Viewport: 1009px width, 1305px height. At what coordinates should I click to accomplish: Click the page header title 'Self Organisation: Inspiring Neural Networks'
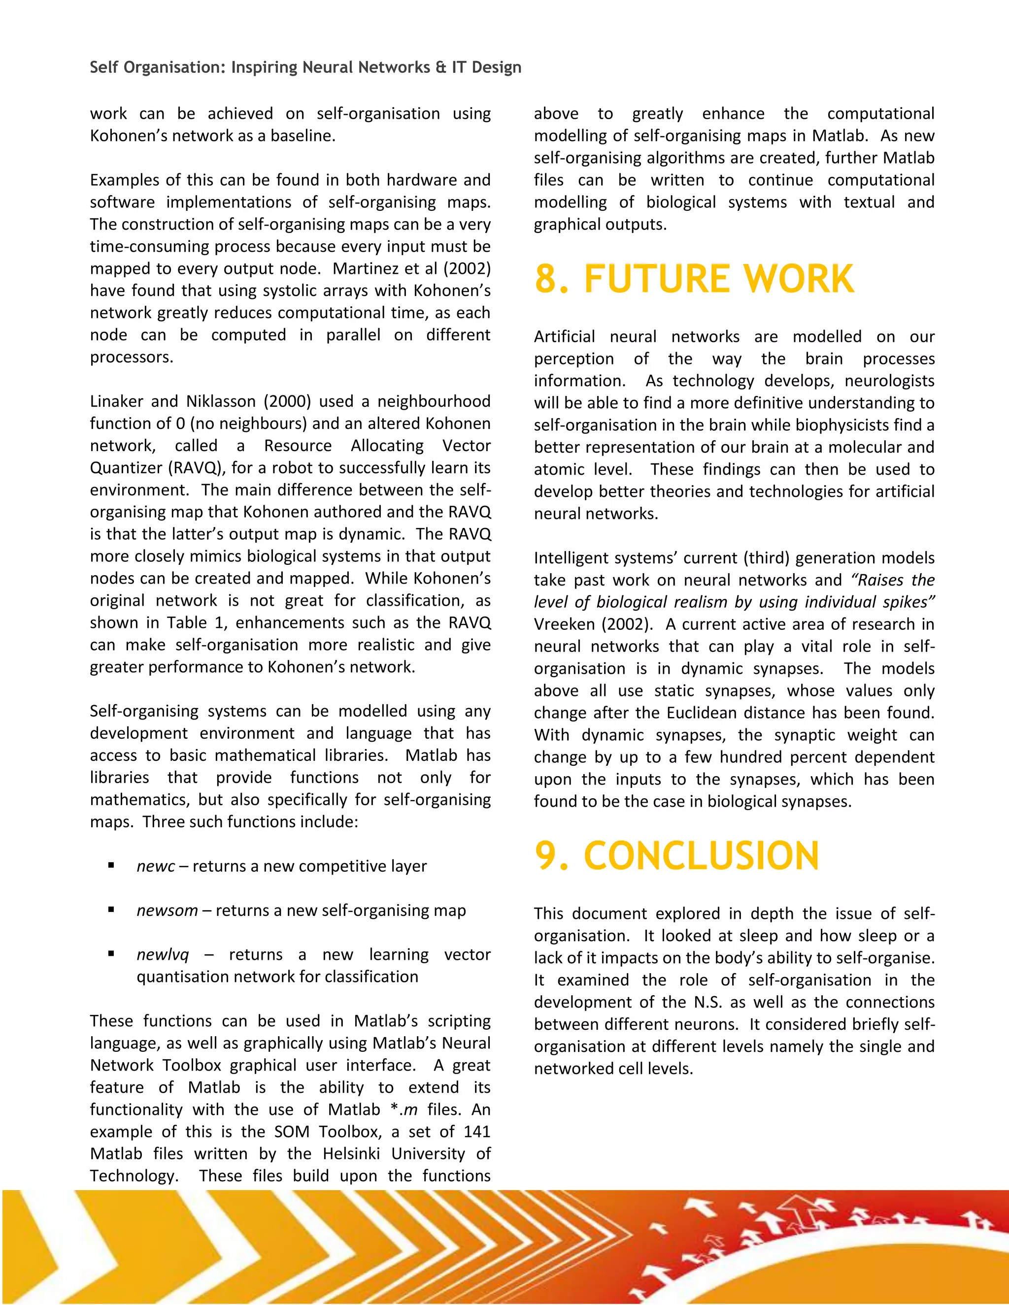click(305, 67)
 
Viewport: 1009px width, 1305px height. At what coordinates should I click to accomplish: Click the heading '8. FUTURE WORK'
click(693, 279)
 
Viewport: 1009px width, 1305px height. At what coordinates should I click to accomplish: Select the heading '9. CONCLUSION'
click(676, 856)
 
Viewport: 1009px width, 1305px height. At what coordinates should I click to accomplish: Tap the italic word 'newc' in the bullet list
click(155, 866)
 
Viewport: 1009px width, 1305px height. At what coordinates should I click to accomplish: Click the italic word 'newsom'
click(167, 911)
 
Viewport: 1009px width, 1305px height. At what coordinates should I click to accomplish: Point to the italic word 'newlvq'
click(162, 955)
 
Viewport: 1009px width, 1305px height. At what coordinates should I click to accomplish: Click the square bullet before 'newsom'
click(111, 910)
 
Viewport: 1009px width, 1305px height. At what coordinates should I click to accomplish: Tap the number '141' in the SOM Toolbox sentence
click(476, 1132)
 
